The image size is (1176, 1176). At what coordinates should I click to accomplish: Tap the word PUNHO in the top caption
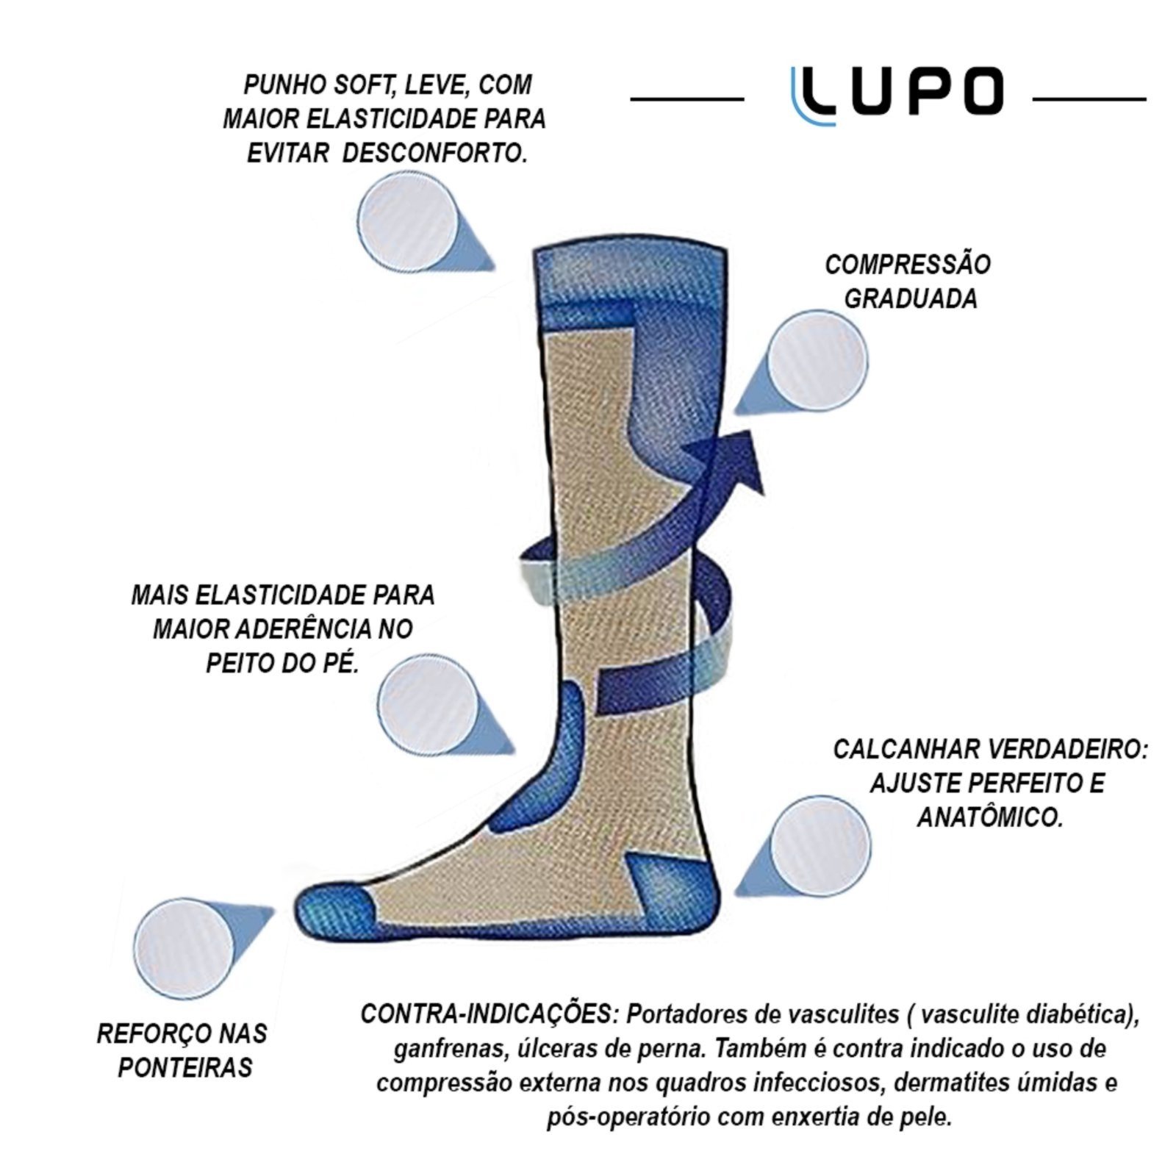tap(282, 85)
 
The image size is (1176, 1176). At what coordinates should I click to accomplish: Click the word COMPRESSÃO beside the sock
tap(908, 265)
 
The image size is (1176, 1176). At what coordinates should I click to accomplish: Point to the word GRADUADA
tap(911, 298)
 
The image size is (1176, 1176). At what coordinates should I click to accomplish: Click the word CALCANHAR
tap(906, 750)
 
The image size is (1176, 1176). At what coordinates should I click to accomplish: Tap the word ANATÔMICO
tap(989, 817)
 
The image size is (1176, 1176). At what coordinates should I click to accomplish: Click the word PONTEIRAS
tap(185, 1067)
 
